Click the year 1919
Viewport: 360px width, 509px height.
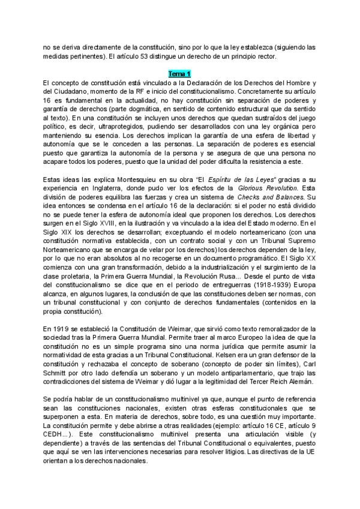(x=61, y=330)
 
